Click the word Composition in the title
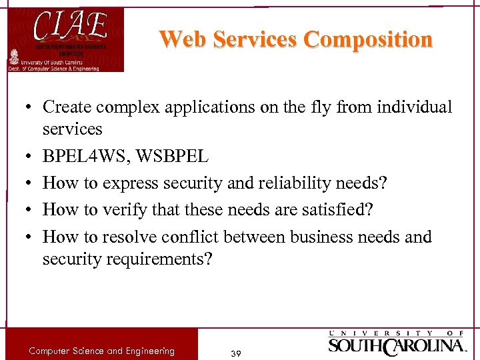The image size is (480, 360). (x=368, y=39)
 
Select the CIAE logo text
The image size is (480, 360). (x=70, y=27)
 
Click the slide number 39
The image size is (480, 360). (x=235, y=353)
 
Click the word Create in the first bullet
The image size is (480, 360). (x=65, y=107)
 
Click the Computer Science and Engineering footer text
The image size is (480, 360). (x=101, y=351)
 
